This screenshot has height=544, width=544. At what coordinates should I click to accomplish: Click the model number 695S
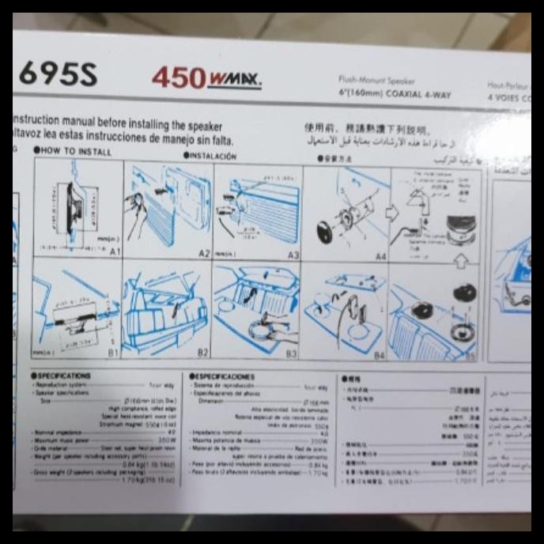tap(57, 74)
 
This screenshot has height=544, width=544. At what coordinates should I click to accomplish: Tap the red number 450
tap(179, 77)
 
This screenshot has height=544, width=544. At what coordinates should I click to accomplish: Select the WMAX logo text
tap(234, 79)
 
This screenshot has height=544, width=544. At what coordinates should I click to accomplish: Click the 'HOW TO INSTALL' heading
tap(73, 150)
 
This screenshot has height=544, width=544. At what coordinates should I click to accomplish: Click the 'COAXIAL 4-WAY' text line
tap(406, 95)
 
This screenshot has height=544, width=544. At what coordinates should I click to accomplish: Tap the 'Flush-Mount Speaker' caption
tap(376, 80)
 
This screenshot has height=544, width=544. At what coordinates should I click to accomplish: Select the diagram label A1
tap(115, 251)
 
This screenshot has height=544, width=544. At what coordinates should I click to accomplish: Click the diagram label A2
tap(204, 253)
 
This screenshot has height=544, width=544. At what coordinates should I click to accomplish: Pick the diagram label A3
tap(293, 255)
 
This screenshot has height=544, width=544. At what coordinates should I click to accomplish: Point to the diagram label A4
tap(380, 256)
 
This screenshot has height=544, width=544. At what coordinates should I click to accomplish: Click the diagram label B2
tap(202, 353)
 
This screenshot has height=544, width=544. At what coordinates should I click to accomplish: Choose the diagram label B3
tap(291, 354)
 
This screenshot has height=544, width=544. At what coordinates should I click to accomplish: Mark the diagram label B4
tap(380, 356)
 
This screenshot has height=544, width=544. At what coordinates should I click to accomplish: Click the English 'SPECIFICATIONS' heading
tap(64, 376)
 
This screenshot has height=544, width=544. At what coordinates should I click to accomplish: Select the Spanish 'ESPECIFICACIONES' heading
tap(222, 377)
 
